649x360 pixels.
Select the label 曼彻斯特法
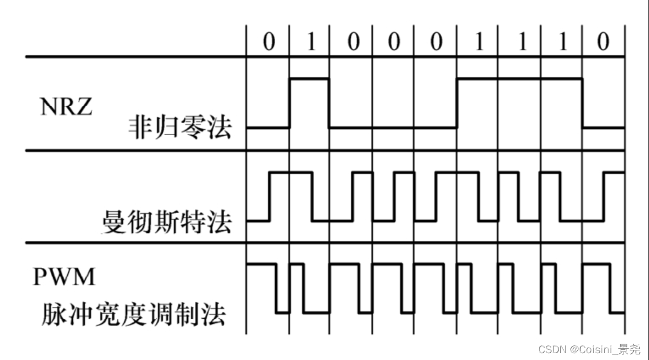(167, 223)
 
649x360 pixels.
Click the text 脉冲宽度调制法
(133, 314)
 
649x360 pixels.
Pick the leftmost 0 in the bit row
(268, 42)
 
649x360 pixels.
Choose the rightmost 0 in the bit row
(603, 42)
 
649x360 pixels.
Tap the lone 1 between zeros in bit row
(310, 42)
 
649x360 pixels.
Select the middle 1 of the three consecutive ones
(520, 42)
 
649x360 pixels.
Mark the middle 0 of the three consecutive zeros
(394, 42)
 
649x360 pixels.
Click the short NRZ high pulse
(310, 79)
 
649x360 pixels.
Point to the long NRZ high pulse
(520, 79)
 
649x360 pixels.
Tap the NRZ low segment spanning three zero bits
(393, 128)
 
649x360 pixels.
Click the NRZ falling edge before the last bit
(582, 103)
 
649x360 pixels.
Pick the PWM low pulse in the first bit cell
(282, 311)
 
